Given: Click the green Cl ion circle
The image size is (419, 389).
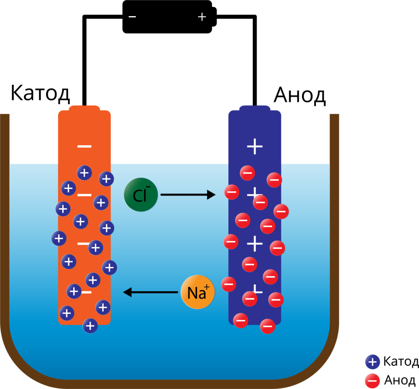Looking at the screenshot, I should [141, 194].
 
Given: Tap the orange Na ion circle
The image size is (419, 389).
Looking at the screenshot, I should [198, 292].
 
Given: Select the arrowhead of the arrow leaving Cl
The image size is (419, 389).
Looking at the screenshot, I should [211, 194].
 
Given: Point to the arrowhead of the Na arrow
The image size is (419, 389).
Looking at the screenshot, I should [128, 292].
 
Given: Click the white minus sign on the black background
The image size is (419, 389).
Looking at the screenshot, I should [132, 17].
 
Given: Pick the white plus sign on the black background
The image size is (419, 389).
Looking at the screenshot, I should [202, 17].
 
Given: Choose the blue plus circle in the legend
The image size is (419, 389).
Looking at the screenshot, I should [372, 362].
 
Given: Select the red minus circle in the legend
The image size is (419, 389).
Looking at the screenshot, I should [372, 381].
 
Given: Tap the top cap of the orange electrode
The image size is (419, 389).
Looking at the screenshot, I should [84, 108].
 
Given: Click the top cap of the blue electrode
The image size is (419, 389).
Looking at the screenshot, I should [255, 108].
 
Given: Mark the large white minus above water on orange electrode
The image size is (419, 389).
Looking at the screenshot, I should [84, 147].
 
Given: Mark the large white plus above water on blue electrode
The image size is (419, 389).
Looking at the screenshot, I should [255, 147].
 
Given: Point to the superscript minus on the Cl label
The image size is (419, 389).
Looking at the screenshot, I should [148, 187].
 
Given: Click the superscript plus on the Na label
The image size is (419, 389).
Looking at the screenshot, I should [207, 287].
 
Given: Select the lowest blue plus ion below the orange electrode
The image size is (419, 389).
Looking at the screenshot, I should [90, 326].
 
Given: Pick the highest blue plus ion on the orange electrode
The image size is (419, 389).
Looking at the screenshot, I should [84, 173].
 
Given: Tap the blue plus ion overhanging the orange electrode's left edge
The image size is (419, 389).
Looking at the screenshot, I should [59, 238].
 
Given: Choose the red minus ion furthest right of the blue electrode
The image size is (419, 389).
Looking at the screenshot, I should [281, 212].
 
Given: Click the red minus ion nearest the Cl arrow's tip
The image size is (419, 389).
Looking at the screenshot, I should [232, 192].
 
